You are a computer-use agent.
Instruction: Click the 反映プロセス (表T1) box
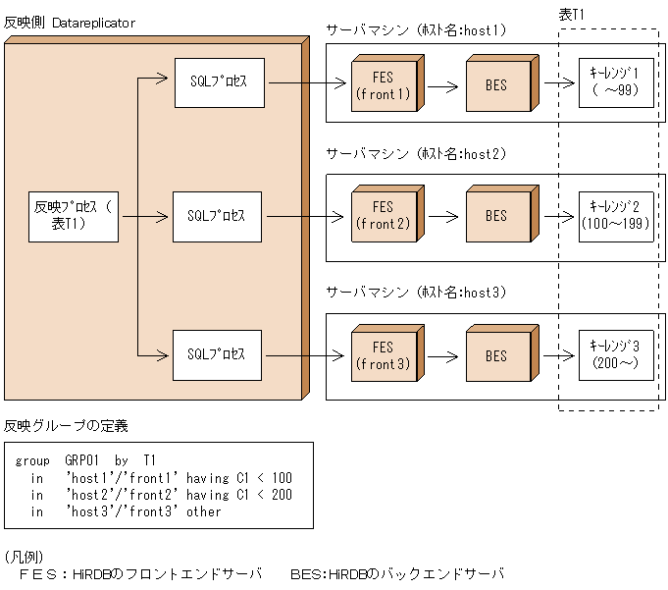74,216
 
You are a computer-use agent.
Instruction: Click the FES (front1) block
383,86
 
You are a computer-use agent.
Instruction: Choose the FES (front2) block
383,217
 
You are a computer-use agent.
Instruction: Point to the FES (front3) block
383,355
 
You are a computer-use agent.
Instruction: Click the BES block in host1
497,86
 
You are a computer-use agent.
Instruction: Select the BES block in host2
497,217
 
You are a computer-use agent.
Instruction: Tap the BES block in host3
497,355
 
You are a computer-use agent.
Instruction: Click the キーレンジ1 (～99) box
615,81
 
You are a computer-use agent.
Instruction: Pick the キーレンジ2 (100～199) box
615,215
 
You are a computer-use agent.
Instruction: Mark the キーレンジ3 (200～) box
615,354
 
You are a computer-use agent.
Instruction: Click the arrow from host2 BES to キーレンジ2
557,217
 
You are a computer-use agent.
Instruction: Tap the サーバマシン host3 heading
417,293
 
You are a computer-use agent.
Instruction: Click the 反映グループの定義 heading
66,426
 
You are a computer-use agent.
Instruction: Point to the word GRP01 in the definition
81,459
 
